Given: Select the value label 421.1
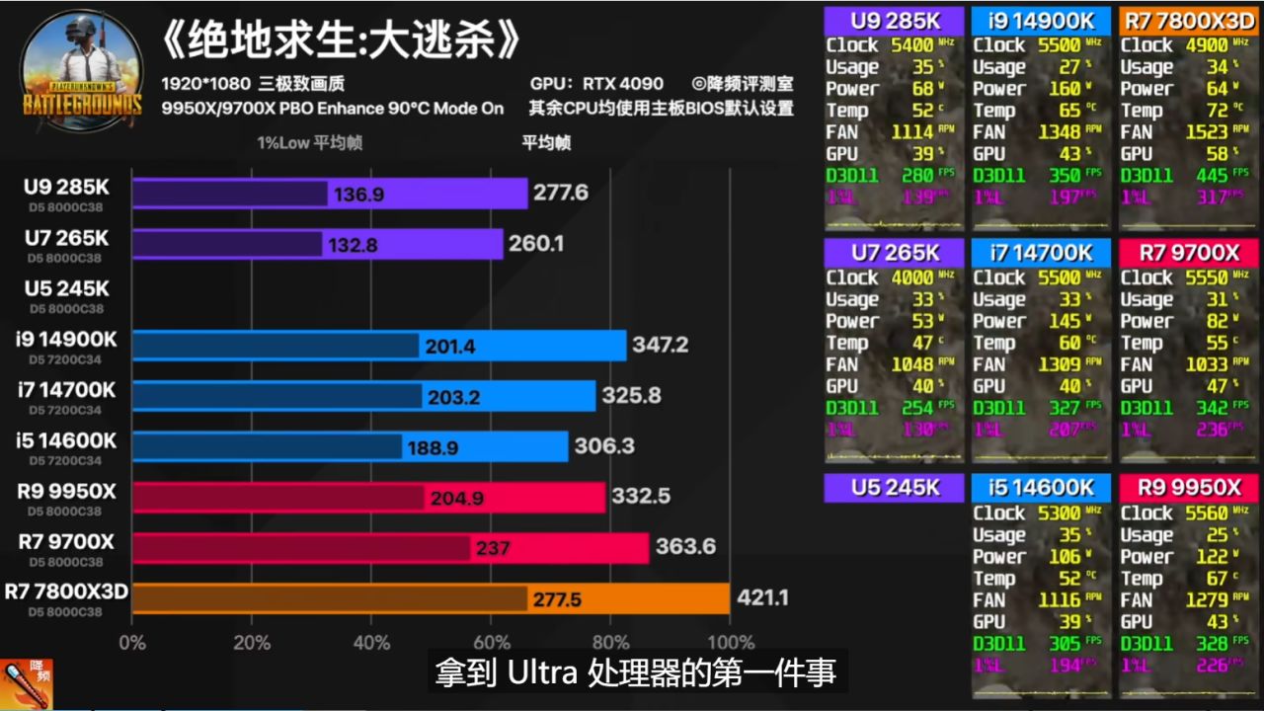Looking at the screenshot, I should tap(761, 597).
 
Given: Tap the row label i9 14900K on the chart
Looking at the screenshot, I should tap(67, 340).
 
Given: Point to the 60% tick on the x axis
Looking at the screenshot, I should tap(491, 642).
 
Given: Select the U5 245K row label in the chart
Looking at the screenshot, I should tap(67, 288).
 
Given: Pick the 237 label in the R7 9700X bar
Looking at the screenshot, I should tap(493, 547).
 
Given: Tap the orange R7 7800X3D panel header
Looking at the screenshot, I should tap(1188, 20).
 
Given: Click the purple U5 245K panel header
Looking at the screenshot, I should tap(894, 487).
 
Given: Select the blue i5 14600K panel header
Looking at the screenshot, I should tap(1041, 487).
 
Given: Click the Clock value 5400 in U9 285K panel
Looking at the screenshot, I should tap(911, 44).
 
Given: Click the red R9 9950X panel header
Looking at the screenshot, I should tap(1188, 487).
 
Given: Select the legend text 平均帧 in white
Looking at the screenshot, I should tap(546, 142).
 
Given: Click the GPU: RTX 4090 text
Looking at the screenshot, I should tap(596, 84).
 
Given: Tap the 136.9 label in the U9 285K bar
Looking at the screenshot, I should tap(358, 195).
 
